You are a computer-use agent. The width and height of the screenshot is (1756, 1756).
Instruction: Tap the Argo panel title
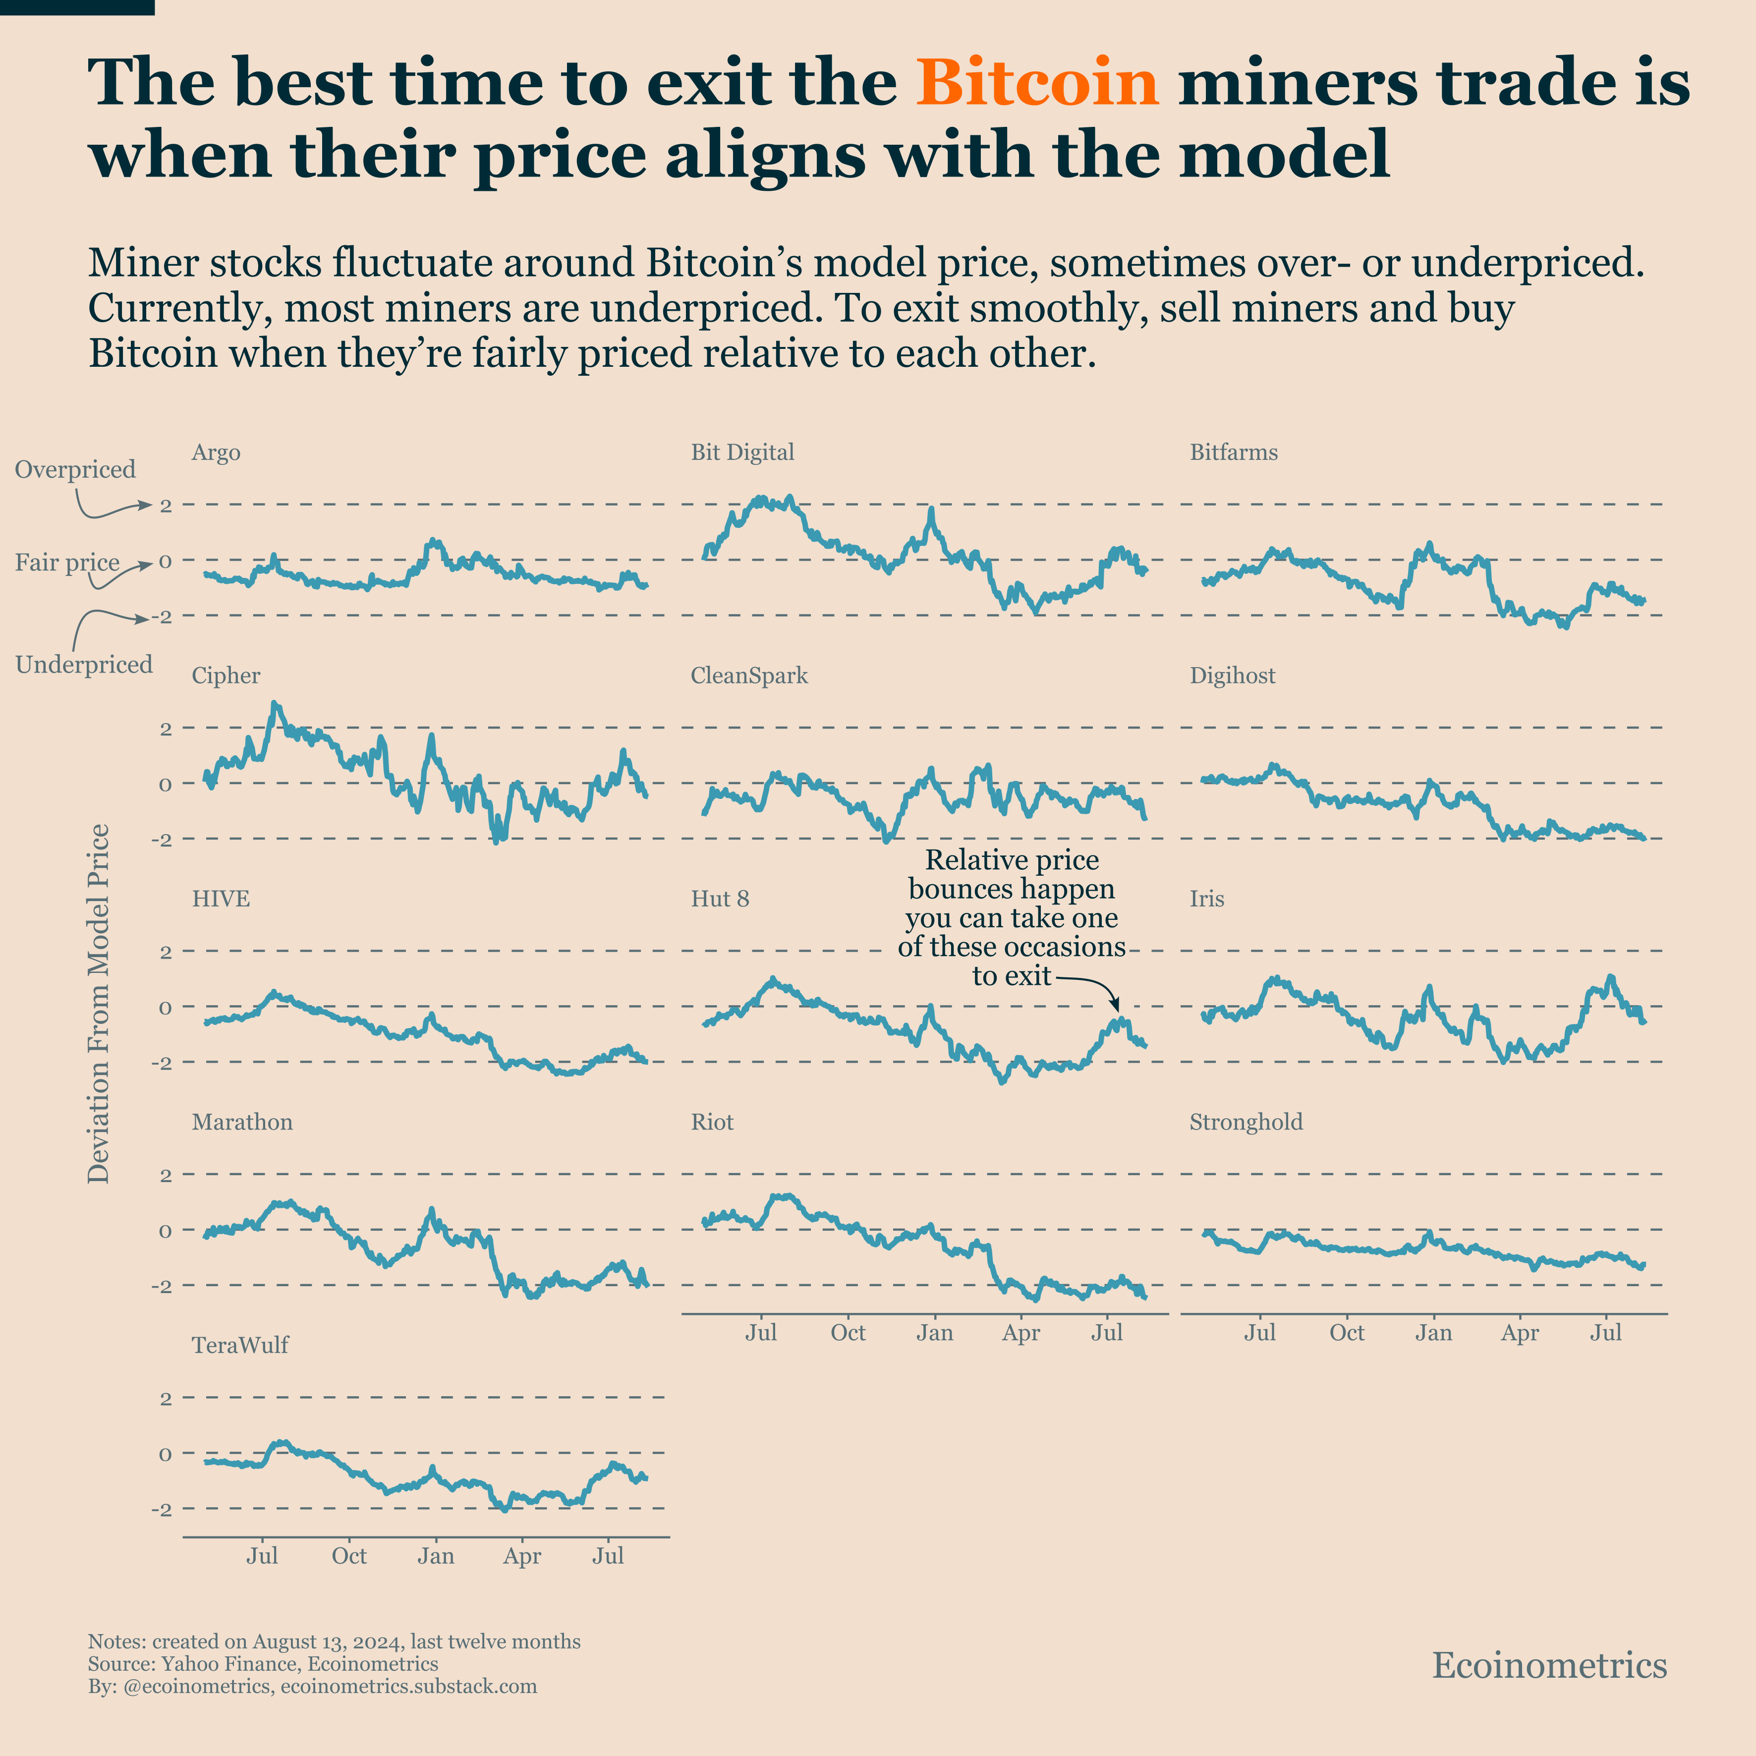[216, 453]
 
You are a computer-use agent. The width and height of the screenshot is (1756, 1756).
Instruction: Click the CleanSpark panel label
[749, 676]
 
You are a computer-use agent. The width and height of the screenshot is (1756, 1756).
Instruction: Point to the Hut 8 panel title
[720, 899]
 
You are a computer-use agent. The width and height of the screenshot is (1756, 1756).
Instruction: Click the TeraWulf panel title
[240, 1345]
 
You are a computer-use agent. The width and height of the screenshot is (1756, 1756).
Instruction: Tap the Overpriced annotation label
[75, 470]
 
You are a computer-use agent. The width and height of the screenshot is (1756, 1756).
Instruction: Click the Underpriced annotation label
[84, 665]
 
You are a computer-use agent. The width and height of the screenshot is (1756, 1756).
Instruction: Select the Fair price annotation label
[67, 563]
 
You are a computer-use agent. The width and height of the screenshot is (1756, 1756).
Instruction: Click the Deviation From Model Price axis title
[98, 1004]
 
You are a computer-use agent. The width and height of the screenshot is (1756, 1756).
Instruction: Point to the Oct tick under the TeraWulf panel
[349, 1556]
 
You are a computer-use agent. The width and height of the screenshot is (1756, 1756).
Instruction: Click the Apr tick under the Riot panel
[1020, 1333]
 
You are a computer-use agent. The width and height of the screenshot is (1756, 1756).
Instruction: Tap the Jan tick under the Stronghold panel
[1433, 1333]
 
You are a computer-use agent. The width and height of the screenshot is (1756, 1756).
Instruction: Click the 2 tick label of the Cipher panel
[166, 728]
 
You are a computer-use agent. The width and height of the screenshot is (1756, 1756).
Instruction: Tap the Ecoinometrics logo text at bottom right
[1549, 1666]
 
